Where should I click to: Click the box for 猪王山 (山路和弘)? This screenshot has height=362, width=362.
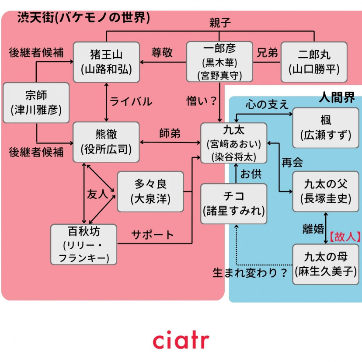106,62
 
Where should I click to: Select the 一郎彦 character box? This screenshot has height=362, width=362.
219,62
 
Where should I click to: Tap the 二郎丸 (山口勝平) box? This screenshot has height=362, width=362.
314,62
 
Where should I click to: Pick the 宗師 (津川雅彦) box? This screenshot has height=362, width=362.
36,102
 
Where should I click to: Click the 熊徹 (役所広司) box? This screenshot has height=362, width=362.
106,143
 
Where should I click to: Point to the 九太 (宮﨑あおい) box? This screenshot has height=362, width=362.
233,143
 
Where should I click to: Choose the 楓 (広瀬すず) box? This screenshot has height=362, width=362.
326,128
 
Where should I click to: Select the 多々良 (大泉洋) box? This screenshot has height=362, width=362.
150,191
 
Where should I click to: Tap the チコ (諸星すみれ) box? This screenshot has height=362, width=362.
233,204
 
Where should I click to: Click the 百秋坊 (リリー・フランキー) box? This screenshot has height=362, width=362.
84,244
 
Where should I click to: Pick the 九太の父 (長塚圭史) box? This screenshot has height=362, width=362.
326,191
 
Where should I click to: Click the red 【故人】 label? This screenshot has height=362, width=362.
345,237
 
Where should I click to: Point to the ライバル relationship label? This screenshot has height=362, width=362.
131,101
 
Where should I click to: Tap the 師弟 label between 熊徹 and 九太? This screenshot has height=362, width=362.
170,133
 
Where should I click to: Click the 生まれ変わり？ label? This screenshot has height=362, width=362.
250,273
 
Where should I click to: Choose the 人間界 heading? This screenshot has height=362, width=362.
337,97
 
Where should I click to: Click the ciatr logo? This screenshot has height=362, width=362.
181,340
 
